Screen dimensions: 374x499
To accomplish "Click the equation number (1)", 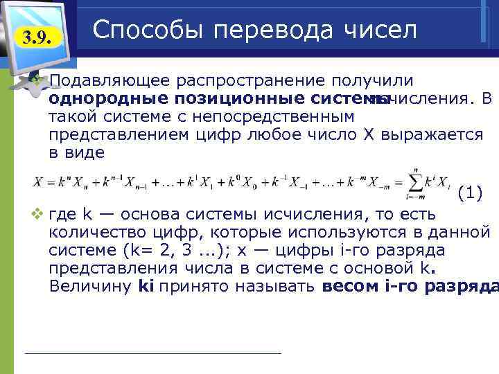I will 471,195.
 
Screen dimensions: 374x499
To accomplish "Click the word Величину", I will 89,286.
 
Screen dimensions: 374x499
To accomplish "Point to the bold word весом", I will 345,286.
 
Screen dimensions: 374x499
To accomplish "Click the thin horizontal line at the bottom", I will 152,353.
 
